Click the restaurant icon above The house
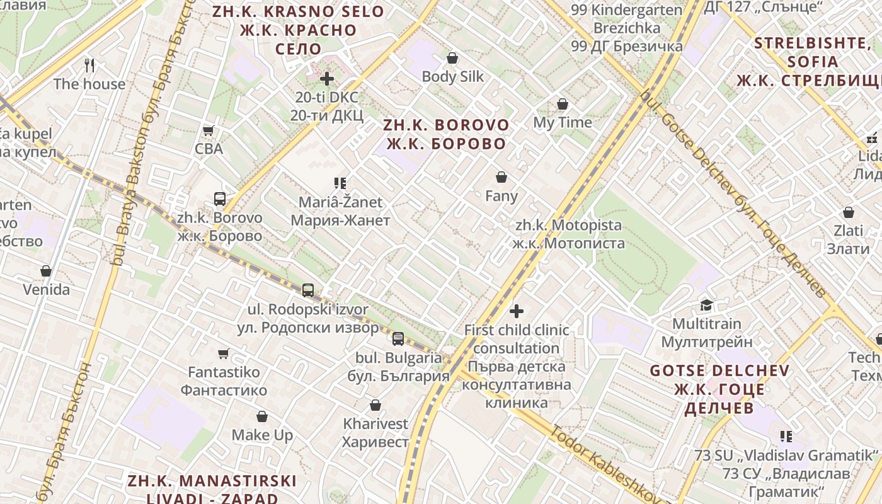pyautogui.click(x=89, y=65)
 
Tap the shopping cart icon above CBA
pyautogui.click(x=209, y=130)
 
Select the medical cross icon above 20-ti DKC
pyautogui.click(x=326, y=79)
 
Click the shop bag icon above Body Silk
pyautogui.click(x=452, y=58)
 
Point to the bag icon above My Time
pyautogui.click(x=562, y=104)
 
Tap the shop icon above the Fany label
pyautogui.click(x=501, y=177)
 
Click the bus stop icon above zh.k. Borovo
pyautogui.click(x=219, y=199)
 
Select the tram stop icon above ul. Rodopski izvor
pyautogui.click(x=307, y=290)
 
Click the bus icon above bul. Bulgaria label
pyautogui.click(x=398, y=339)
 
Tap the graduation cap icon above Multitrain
pyautogui.click(x=706, y=305)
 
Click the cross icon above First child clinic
pyautogui.click(x=517, y=311)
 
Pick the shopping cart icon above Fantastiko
pyautogui.click(x=223, y=353)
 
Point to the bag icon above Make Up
pyautogui.click(x=262, y=416)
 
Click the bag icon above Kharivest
pyautogui.click(x=375, y=405)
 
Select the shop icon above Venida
pyautogui.click(x=46, y=271)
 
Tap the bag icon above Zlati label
pyautogui.click(x=849, y=212)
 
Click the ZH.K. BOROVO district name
pyautogui.click(x=446, y=134)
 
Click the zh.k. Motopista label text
pyautogui.click(x=568, y=234)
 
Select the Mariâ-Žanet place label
pyautogui.click(x=340, y=211)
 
